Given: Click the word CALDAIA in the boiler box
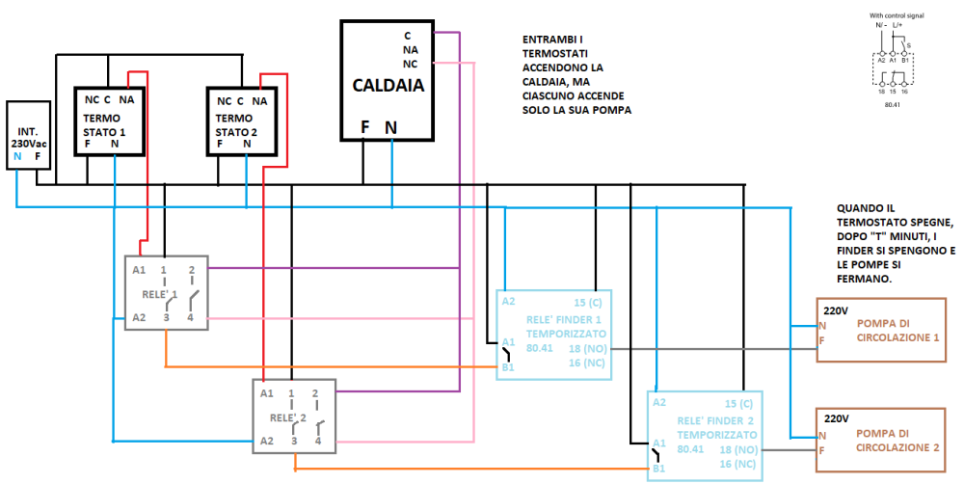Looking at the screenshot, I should click(x=388, y=85).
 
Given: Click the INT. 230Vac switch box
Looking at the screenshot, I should click(x=28, y=135).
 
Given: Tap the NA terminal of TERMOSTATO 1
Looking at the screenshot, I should click(x=127, y=100).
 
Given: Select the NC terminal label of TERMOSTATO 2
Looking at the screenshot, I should click(x=224, y=100).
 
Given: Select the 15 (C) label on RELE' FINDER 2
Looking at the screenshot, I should click(x=735, y=402).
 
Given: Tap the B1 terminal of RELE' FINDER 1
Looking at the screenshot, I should click(x=507, y=366).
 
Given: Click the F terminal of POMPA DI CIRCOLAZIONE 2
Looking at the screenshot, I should click(x=821, y=450).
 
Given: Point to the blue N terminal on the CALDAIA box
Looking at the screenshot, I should click(x=390, y=126).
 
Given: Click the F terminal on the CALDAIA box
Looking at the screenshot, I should click(x=365, y=126).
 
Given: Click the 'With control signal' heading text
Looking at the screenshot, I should click(x=896, y=16).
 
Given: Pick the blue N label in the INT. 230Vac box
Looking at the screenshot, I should click(x=18, y=155).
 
